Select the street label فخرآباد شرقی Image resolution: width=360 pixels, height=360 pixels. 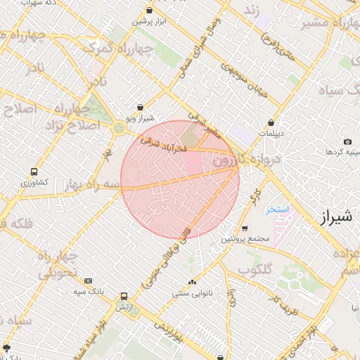[x=163, y=145]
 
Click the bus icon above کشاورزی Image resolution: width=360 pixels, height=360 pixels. [x=34, y=172]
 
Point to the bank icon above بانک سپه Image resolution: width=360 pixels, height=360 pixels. [x=88, y=281]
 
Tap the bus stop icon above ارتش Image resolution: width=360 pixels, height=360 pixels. [x=124, y=297]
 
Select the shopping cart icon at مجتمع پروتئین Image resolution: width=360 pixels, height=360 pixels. [x=244, y=228]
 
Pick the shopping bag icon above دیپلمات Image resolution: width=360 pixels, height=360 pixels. [x=271, y=122]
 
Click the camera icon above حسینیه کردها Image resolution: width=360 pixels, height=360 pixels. [x=347, y=141]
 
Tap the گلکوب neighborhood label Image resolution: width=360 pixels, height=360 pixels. [x=255, y=269]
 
